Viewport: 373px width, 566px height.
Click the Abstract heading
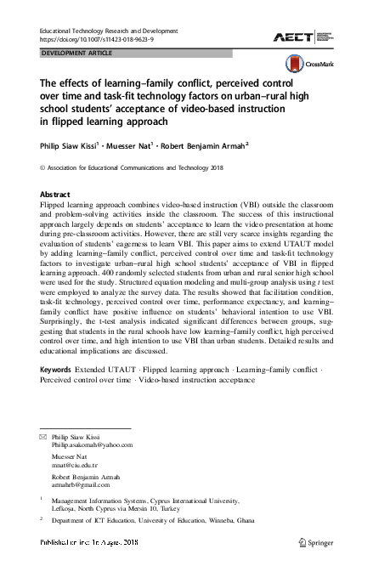coord(55,195)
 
